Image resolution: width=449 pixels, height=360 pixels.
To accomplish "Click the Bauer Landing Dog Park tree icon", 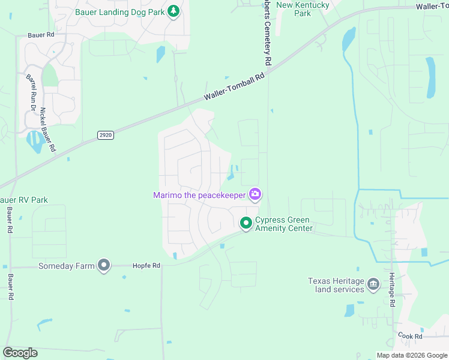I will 173,11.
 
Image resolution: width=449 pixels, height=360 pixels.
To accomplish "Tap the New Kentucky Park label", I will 303,8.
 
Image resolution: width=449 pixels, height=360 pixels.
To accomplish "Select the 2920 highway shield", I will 106,136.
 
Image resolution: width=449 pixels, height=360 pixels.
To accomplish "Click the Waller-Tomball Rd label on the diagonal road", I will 234,87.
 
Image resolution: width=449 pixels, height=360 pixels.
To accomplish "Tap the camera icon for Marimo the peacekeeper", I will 256,194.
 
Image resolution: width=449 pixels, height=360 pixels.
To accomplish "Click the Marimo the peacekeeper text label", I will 199,195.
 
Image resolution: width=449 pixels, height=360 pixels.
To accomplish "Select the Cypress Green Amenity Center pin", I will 246,223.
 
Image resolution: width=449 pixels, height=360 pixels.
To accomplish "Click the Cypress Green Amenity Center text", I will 284,224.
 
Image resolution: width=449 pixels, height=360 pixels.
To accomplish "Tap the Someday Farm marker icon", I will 104,265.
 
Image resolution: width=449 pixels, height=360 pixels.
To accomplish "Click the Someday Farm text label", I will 66,266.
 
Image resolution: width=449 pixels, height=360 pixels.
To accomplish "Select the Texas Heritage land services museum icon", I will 373,283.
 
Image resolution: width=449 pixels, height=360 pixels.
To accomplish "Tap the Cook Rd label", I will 409,337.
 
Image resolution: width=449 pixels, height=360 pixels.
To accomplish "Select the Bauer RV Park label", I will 24,200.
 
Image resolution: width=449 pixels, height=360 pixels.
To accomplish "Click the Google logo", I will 20,352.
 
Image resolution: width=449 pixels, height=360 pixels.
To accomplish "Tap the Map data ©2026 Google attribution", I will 411,355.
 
